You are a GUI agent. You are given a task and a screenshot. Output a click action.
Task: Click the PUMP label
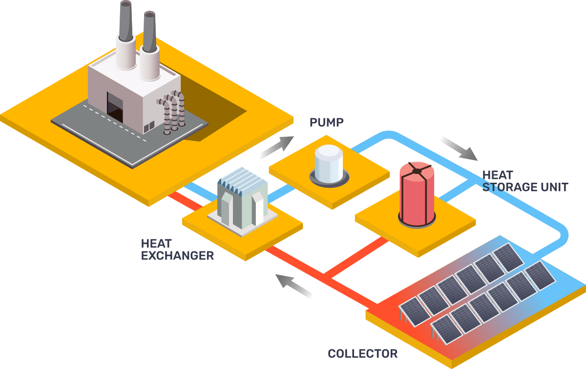pos(327,122)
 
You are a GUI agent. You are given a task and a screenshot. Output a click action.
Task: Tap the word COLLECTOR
pos(362,353)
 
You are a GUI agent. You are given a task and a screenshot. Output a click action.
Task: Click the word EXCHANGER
pos(177,256)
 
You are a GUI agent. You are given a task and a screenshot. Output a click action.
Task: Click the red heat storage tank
pos(417,198)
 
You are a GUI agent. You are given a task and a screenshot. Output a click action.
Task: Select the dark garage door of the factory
pos(115,107)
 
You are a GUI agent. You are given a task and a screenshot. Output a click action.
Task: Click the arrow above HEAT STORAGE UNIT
pos(459,149)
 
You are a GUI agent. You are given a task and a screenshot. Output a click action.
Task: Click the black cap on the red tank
pos(416,171)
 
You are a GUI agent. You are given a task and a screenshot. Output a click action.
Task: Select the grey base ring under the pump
pos(329,180)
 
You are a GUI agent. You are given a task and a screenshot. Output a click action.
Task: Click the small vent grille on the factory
pos(149,127)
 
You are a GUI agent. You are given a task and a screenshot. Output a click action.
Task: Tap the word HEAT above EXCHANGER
pos(155,243)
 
